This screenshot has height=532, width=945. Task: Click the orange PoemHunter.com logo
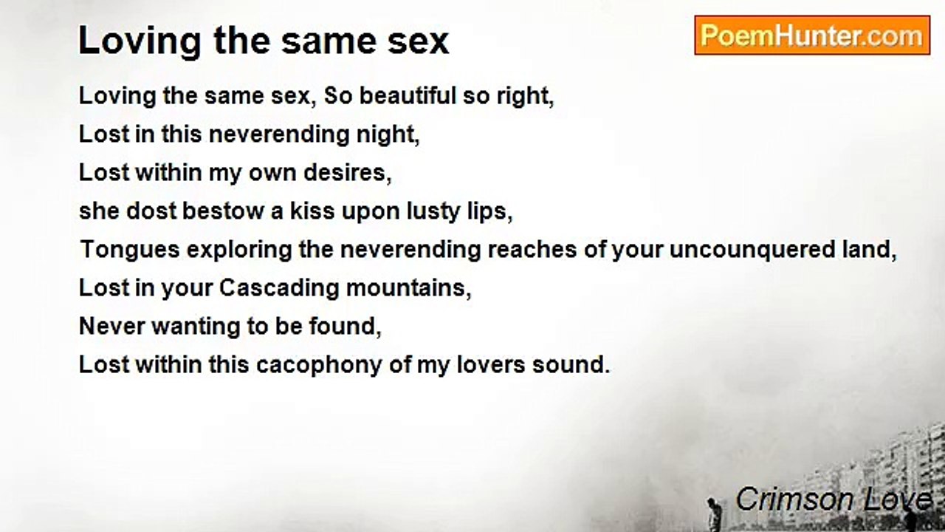(x=812, y=35)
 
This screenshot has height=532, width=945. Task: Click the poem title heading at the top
(x=264, y=41)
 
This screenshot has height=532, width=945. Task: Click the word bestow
(x=223, y=211)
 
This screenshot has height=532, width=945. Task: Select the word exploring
(x=239, y=250)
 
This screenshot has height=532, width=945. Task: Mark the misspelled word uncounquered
(x=752, y=250)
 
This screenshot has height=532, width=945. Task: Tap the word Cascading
(x=279, y=289)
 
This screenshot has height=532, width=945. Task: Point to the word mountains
(x=406, y=288)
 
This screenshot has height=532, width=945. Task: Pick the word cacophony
(x=319, y=366)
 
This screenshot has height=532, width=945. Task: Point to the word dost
(x=151, y=211)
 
